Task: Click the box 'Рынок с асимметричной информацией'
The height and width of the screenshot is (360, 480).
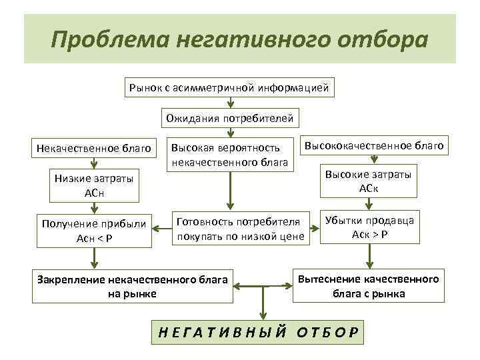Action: (229, 87)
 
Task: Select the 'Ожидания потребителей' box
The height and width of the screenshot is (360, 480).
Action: (229, 119)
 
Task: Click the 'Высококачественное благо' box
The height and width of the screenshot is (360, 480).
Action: (374, 145)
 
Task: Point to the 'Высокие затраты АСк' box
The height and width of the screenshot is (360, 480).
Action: (369, 181)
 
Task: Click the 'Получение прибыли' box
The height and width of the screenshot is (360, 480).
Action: (94, 230)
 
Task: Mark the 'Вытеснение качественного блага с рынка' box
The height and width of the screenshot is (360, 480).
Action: (369, 285)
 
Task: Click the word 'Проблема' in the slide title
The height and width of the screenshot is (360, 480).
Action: (109, 39)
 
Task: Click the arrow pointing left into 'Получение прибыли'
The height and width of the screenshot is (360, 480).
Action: (163, 229)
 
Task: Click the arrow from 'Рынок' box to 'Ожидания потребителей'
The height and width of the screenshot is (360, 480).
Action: (229, 103)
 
